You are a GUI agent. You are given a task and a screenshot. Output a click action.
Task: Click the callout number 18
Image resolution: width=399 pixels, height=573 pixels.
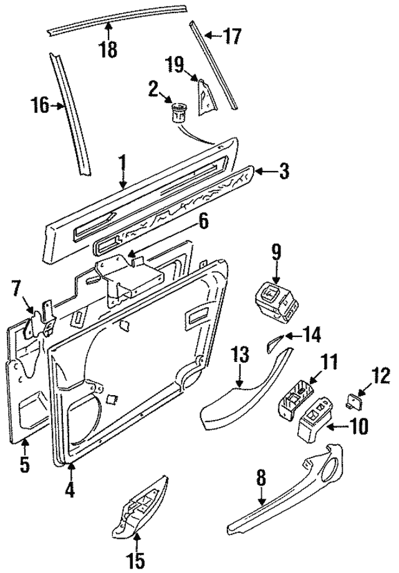tap(108, 49)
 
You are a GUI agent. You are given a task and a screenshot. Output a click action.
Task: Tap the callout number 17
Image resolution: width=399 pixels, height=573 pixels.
tap(232, 36)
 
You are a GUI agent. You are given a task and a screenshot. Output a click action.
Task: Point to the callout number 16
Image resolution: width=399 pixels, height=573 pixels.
tap(39, 105)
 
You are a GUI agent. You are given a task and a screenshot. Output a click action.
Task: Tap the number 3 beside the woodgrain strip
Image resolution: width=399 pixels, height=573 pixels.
tap(283, 171)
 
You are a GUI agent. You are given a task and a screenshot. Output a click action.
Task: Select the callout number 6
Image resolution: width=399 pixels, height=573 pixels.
tap(203, 223)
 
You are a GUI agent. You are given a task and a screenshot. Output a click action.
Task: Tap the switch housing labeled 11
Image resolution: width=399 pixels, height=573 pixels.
tap(296, 398)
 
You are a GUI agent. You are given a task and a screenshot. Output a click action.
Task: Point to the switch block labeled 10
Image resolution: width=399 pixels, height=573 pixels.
tap(315, 423)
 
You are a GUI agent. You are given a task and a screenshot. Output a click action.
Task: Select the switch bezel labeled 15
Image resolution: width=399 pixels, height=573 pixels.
tap(140, 507)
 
